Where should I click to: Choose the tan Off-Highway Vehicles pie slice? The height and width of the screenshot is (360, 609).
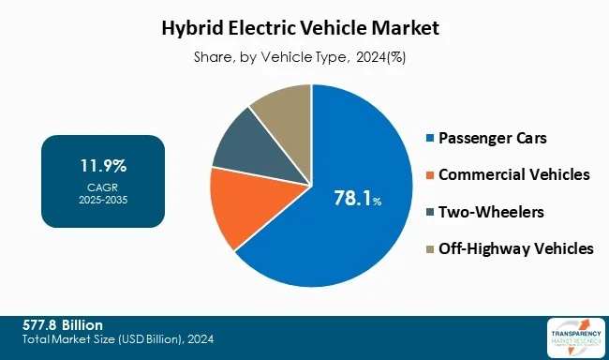coord(281,112)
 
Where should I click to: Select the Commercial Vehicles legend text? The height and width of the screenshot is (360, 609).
coord(514,175)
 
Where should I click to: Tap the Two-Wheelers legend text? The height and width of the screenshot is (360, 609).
coord(490,212)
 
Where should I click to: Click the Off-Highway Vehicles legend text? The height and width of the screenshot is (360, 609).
coord(516,248)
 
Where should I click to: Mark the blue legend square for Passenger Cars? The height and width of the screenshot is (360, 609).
coord(430,139)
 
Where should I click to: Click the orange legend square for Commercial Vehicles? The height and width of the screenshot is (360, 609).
coord(430,175)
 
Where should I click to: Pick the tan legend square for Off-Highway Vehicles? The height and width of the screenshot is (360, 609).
coord(430,248)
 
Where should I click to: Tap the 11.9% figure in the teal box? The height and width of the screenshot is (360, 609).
coord(103,167)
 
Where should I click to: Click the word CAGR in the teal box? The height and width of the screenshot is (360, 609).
coord(103,187)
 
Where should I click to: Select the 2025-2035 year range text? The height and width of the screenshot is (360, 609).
coord(103,200)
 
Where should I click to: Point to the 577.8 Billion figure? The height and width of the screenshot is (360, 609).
coord(63,324)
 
